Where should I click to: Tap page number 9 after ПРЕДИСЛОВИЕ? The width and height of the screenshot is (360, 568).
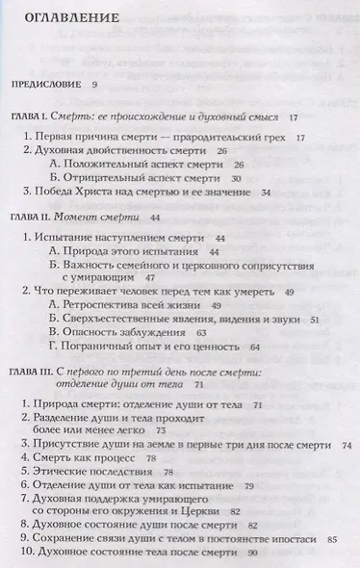point(95,85)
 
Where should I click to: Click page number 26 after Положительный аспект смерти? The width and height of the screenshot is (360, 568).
point(239,166)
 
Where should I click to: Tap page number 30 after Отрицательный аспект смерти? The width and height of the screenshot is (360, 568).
point(235,179)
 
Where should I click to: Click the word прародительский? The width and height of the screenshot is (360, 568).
point(213,138)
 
